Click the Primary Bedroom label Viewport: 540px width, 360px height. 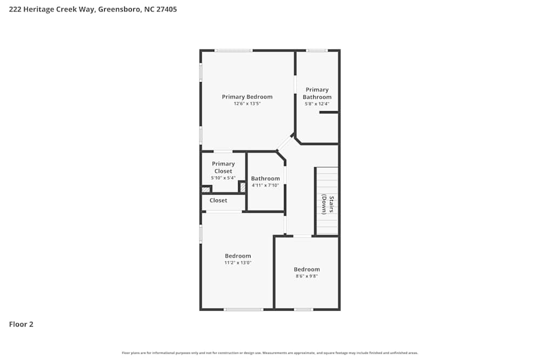click(247, 97)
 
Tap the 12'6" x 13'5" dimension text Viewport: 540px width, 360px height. click(247, 104)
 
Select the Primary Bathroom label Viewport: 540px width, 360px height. click(317, 93)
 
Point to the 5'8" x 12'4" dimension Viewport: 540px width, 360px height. click(317, 104)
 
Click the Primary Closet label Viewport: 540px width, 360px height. click(223, 167)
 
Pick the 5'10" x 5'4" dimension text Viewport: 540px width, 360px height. click(223, 178)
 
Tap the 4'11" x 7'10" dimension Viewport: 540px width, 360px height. click(265, 185)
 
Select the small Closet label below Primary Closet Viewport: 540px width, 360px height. click(218, 201)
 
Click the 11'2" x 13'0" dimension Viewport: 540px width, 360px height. click(238, 263)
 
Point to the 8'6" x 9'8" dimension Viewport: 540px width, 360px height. click(306, 276)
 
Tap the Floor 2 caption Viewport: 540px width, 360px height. click(21, 324)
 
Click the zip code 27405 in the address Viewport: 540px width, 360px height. click(166, 9)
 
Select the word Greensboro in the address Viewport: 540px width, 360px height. click(119, 9)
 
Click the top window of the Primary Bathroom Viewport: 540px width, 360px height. click(316, 51)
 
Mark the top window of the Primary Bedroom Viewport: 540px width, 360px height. click(233, 51)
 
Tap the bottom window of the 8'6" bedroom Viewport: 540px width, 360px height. click(303, 309)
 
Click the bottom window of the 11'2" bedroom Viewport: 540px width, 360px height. click(244, 309)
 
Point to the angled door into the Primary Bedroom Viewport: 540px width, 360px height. click(285, 142)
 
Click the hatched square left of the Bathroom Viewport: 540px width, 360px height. click(243, 187)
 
